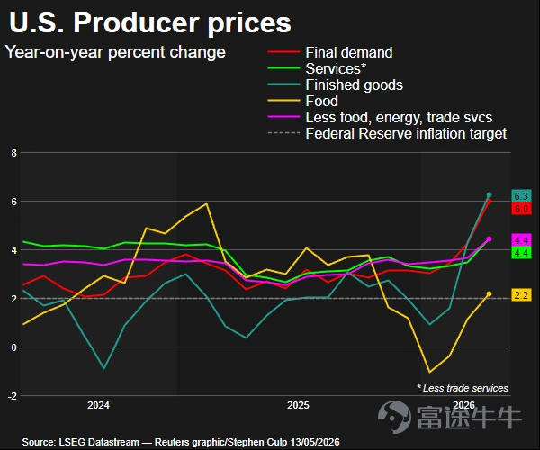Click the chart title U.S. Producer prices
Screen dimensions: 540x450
[150, 22]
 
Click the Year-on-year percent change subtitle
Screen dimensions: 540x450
[115, 52]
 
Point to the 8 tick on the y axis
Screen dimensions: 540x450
[13, 153]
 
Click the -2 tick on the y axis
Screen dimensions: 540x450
[12, 396]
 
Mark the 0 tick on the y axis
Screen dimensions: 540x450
[13, 347]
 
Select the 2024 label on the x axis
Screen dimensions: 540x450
[98, 405]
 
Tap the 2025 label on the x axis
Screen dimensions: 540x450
[298, 405]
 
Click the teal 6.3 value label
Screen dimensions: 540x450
[521, 196]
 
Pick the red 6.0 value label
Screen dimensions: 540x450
[521, 209]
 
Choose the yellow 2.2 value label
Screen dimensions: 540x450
[521, 295]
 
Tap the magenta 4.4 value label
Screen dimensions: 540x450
[521, 240]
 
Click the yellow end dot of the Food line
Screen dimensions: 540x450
[489, 293]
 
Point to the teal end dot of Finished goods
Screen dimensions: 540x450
[489, 195]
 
